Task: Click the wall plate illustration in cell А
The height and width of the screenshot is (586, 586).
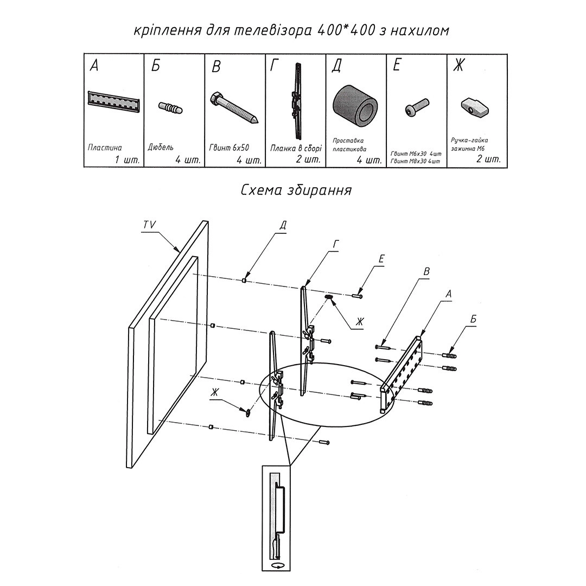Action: pos(114,101)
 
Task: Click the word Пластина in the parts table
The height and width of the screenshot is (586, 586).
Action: pos(105,148)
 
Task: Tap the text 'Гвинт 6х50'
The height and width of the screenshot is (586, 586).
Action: pos(229,148)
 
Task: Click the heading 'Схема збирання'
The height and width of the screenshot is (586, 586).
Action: pos(296,190)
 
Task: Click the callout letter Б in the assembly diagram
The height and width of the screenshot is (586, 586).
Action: pos(473,320)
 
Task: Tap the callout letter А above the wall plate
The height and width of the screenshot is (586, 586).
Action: pos(448,293)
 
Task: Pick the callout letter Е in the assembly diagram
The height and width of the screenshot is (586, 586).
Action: pos(381,259)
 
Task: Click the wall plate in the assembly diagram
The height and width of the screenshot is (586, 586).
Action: pos(402,374)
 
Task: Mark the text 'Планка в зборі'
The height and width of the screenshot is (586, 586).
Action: pos(296,148)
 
